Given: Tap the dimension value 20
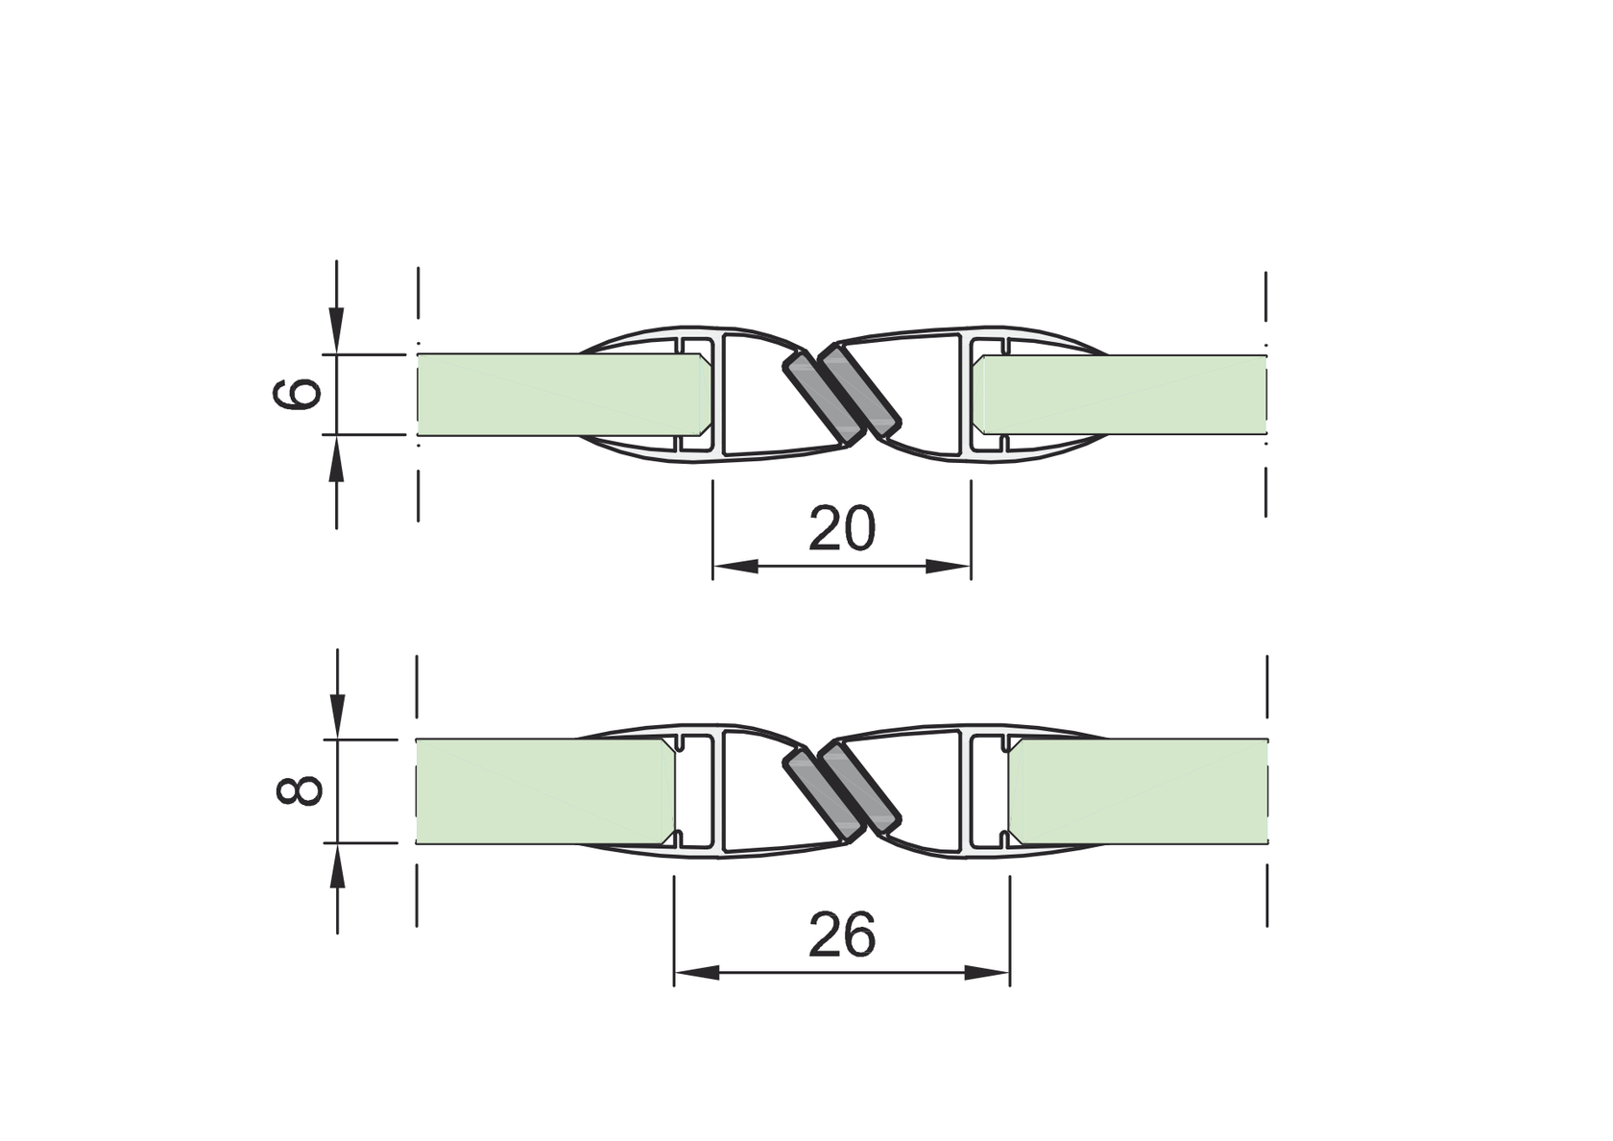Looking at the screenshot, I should (842, 528).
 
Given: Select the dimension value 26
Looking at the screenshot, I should (842, 935).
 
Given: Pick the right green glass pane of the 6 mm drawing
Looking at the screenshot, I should (1119, 395).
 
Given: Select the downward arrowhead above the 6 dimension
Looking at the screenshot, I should (336, 330).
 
